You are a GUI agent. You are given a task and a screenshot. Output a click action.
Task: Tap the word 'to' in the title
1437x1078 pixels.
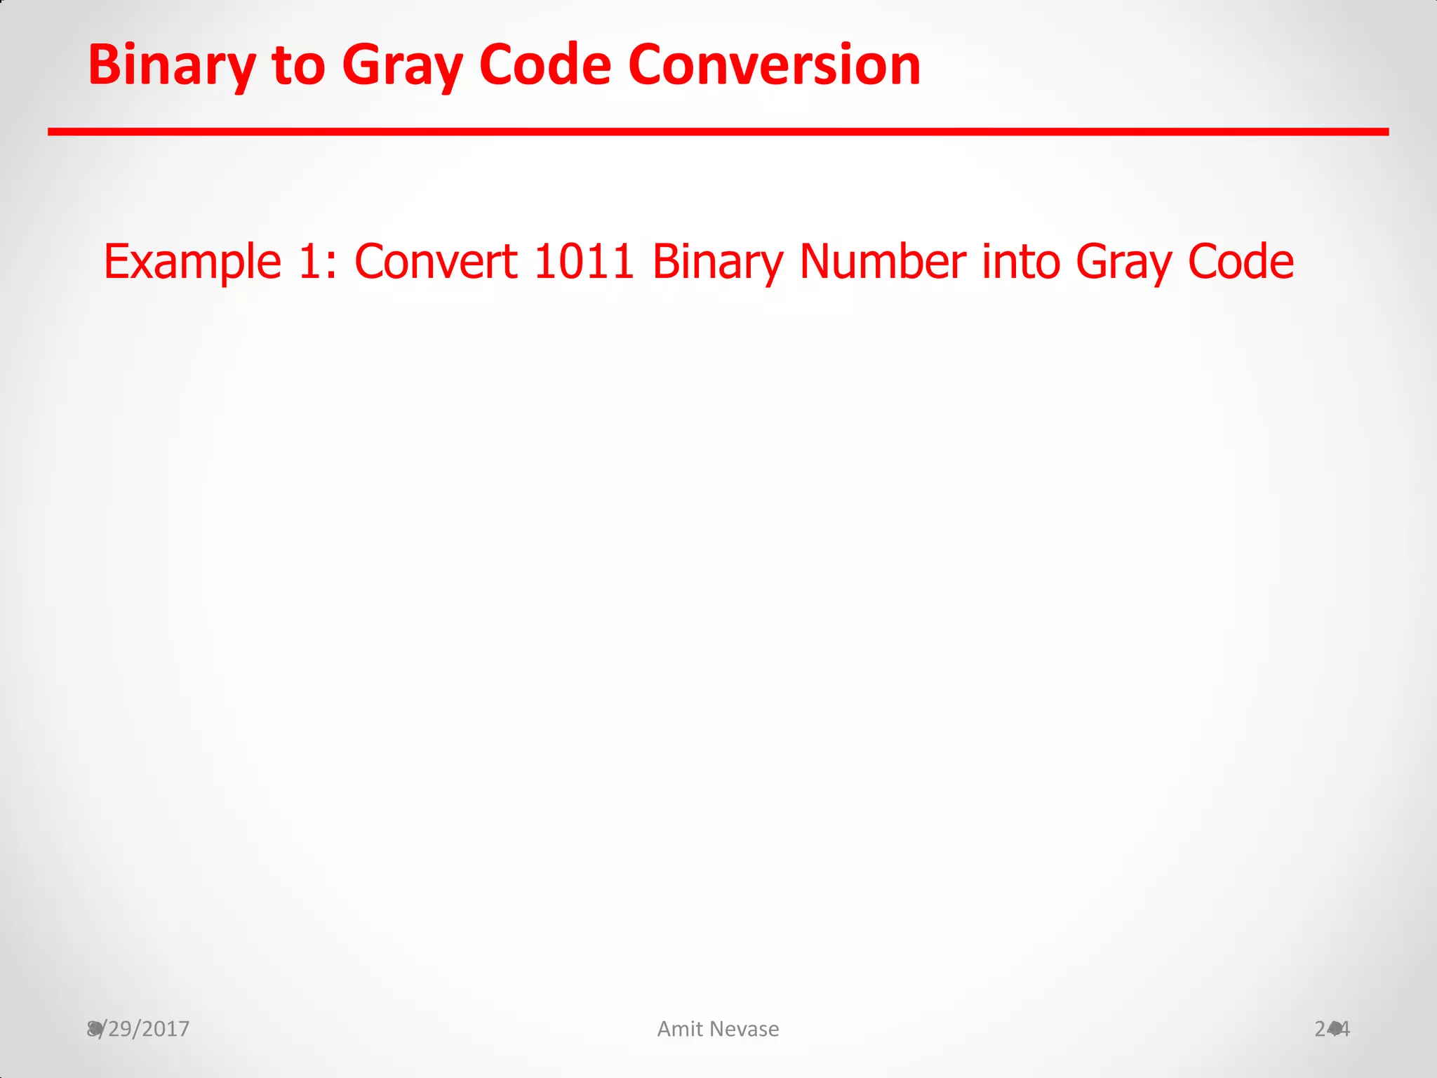(298, 65)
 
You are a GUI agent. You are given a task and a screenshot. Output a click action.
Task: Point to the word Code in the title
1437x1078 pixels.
(545, 65)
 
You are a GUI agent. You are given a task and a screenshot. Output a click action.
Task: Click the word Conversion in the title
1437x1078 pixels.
(774, 65)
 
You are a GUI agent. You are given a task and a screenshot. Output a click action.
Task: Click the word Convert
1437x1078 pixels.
(436, 262)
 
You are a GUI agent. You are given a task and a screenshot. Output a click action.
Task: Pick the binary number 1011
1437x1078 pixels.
(584, 262)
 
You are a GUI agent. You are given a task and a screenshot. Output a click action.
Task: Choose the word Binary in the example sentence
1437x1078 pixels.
(717, 262)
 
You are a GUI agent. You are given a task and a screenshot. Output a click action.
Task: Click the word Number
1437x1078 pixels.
(882, 262)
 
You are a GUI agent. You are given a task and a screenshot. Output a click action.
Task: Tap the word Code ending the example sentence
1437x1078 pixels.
(1241, 262)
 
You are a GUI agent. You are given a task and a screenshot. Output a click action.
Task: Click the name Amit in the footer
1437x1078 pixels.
(680, 1029)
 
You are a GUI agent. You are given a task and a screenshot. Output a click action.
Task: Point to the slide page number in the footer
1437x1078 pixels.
(1332, 1029)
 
